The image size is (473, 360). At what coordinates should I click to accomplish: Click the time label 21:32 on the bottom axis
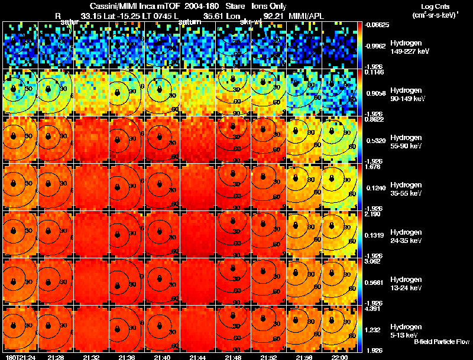pos(90,358)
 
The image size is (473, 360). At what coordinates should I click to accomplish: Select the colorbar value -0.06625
pos(374,25)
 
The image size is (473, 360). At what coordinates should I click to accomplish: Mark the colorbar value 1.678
pos(371,167)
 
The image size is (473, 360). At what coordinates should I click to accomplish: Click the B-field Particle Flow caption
pos(442,342)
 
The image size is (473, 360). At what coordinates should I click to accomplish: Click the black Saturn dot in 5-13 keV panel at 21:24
pos(13,326)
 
